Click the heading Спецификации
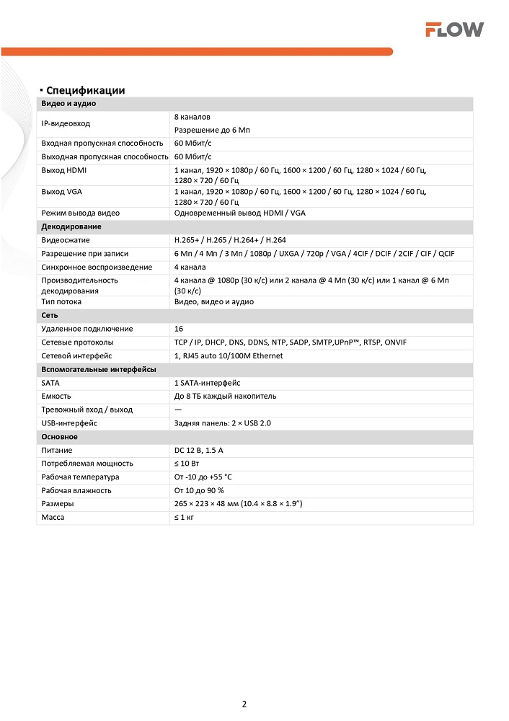[85, 90]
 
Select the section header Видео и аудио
[68, 103]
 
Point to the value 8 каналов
[192, 117]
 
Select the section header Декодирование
[71, 226]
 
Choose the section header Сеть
[50, 316]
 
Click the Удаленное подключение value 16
[179, 329]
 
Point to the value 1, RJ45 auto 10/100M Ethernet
[229, 356]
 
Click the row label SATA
[50, 383]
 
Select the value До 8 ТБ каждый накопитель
[225, 397]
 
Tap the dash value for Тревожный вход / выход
[178, 410]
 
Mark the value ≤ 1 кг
[185, 518]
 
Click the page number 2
[244, 704]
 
